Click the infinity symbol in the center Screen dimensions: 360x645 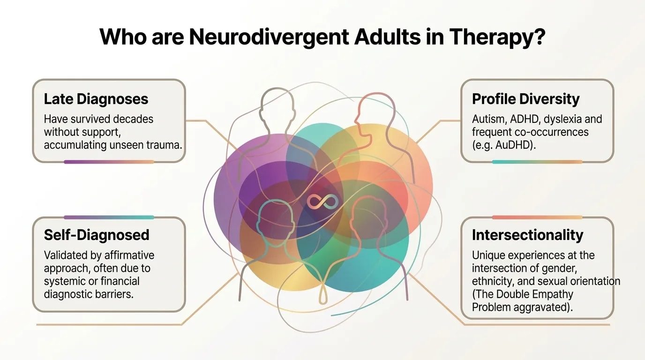[x=322, y=202]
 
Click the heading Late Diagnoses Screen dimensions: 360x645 [x=96, y=99]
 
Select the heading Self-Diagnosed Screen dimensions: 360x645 [x=97, y=235]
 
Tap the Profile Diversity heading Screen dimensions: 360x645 [x=525, y=99]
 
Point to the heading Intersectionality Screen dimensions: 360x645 [x=527, y=235]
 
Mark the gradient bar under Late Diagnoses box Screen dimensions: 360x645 [x=109, y=162]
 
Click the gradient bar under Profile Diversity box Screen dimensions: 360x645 [x=537, y=162]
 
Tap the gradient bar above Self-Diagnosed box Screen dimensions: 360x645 [x=109, y=217]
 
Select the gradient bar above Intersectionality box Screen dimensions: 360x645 [x=537, y=217]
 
